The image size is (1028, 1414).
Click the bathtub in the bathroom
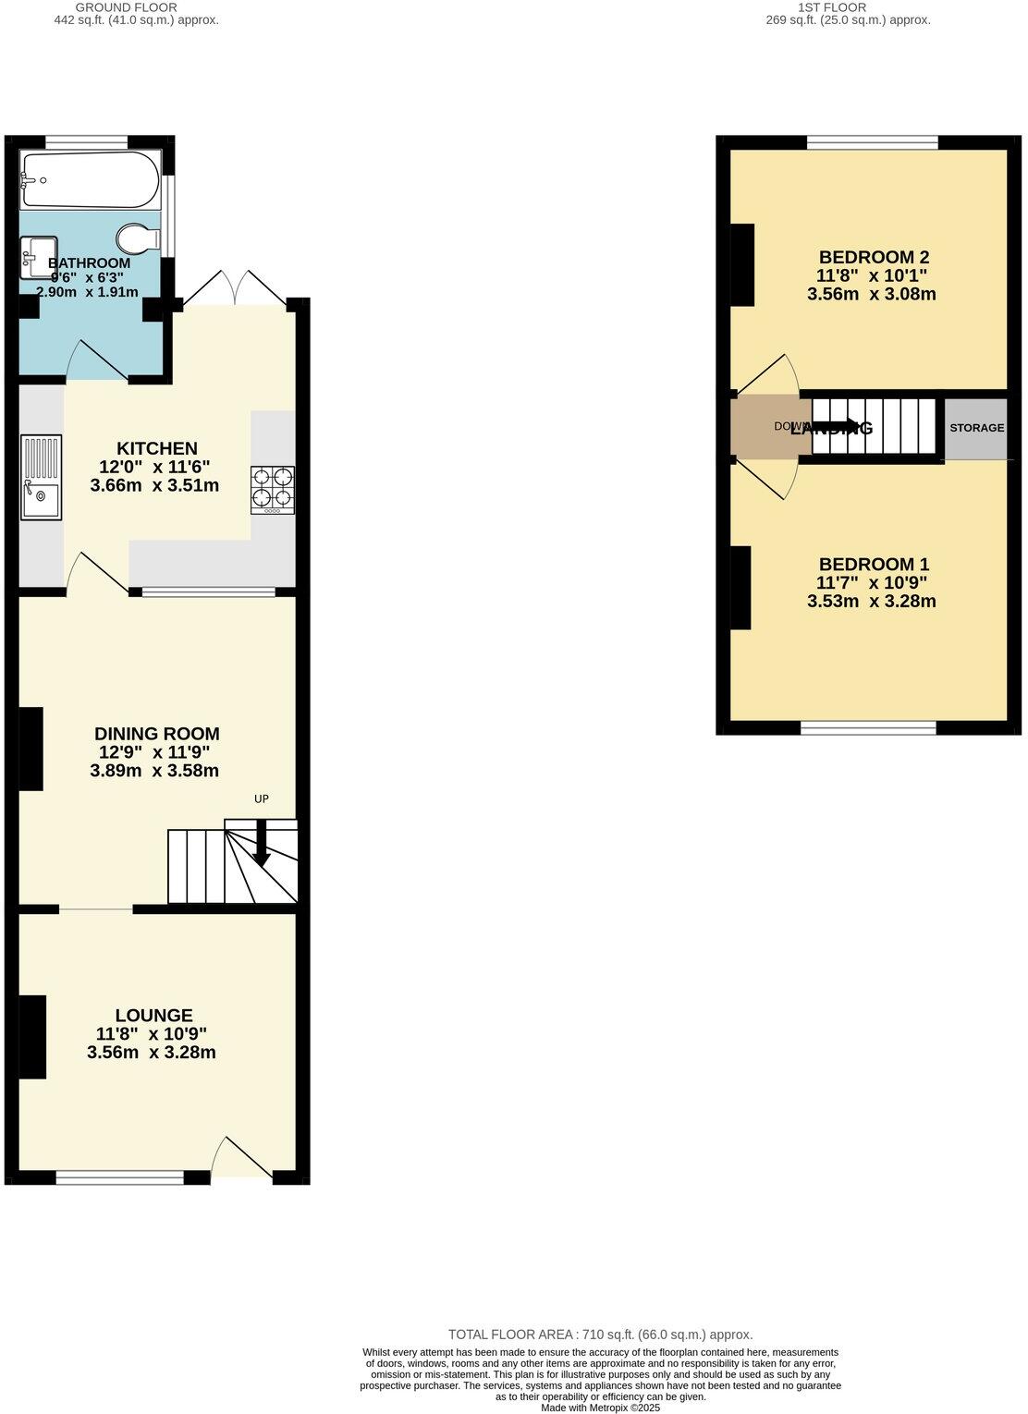tap(90, 180)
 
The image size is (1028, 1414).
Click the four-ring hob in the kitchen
tap(273, 490)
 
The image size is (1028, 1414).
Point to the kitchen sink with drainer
tap(41, 479)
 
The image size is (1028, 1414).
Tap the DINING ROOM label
tap(157, 734)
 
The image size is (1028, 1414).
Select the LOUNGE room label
tap(153, 1015)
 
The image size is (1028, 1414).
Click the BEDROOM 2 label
tap(874, 257)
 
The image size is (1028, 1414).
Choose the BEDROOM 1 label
tap(874, 564)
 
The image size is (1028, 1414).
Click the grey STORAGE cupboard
tap(976, 428)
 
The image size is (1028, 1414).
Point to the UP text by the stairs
tap(262, 798)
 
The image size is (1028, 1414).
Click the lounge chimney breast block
tap(32, 1036)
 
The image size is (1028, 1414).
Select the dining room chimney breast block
tap(31, 749)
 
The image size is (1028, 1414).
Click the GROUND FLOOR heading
tap(139, 7)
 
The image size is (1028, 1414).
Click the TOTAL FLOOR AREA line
tap(600, 1335)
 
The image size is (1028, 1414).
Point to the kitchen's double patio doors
tap(235, 288)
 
